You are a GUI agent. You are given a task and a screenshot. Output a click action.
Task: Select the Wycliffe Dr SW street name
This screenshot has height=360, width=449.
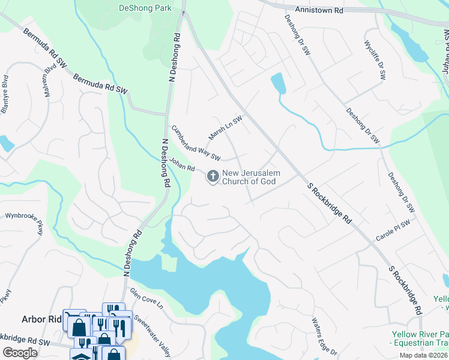(x=375, y=60)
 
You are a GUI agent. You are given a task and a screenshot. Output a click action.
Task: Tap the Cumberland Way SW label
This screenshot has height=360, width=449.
(x=196, y=143)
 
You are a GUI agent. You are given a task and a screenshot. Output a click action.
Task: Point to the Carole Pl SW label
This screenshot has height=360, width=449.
(x=392, y=230)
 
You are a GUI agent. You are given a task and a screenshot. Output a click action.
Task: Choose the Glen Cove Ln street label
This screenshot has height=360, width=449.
(x=146, y=298)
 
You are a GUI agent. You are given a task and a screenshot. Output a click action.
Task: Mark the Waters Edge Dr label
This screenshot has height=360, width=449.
(x=324, y=335)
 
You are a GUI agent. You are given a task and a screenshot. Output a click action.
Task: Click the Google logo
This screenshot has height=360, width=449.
(x=20, y=353)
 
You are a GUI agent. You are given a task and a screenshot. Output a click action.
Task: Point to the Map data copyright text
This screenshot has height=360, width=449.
(x=423, y=355)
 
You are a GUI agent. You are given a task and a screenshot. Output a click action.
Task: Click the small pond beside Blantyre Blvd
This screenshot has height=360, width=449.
(x=7, y=143)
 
